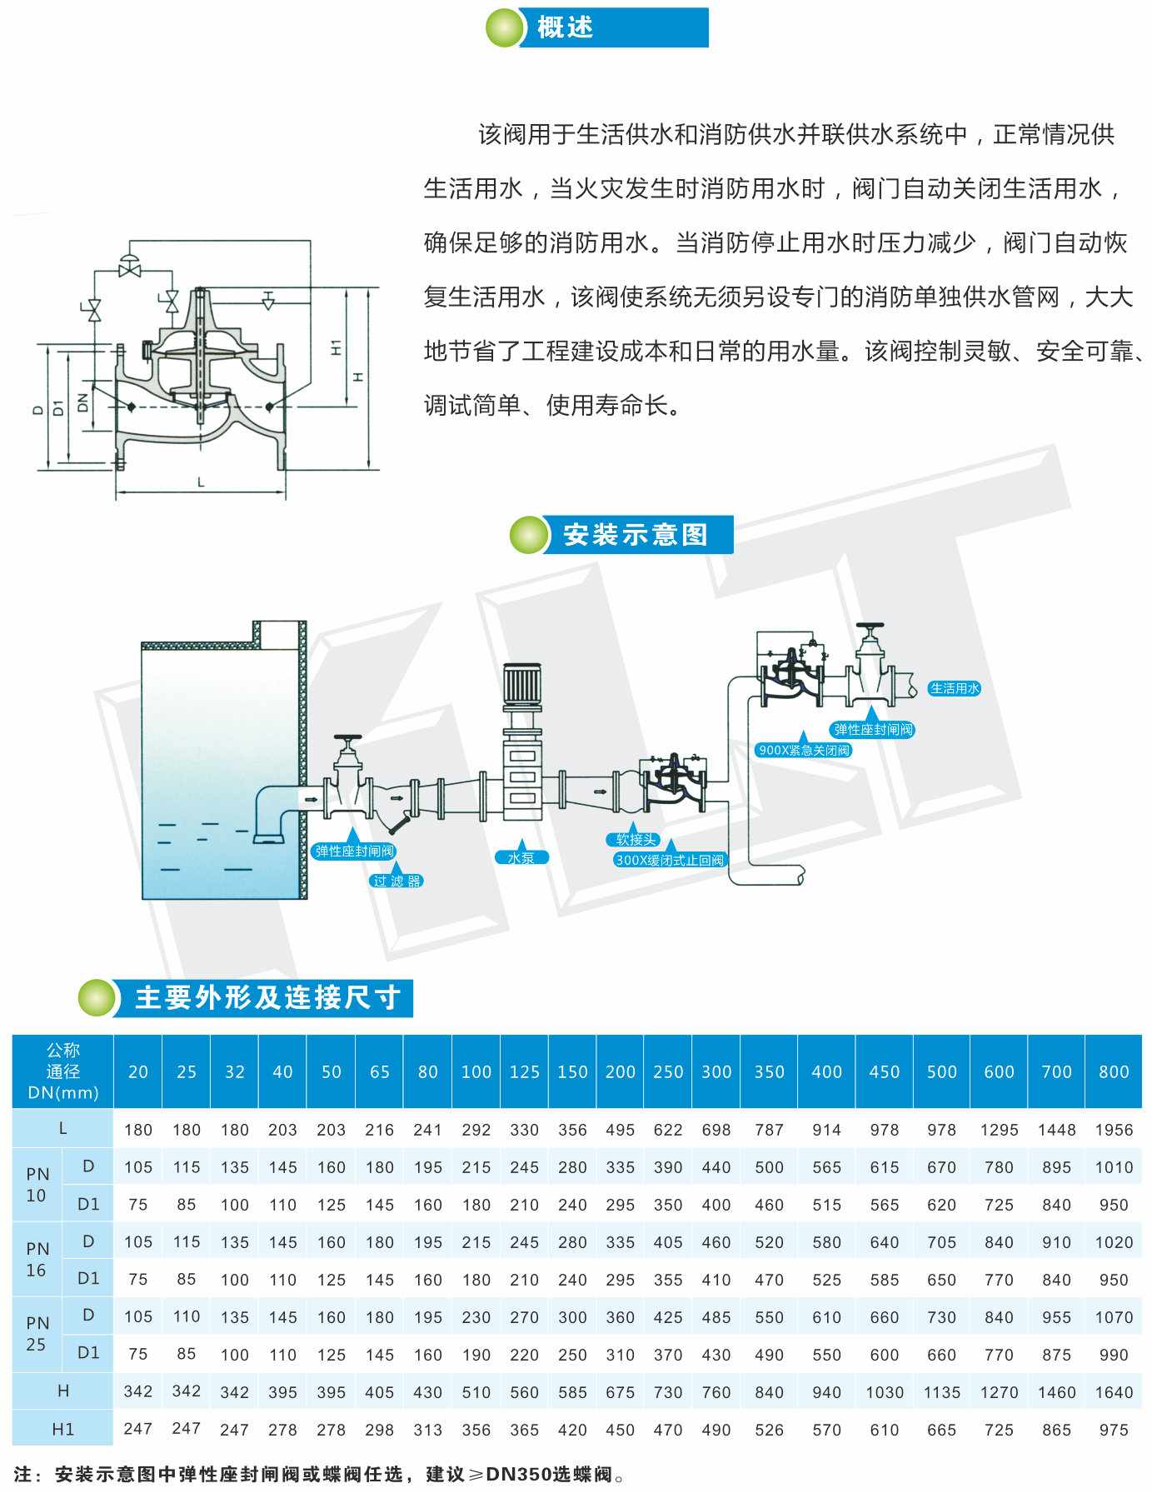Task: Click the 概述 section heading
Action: [565, 27]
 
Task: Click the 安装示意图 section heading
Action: [635, 535]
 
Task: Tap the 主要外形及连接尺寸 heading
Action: [267, 997]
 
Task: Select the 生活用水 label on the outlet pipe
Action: [955, 688]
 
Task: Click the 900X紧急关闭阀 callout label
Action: [804, 750]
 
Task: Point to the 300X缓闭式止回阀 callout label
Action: [670, 860]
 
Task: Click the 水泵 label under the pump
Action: [521, 857]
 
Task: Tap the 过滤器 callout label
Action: [396, 881]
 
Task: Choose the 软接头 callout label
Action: [636, 840]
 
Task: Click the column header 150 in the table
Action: [572, 1071]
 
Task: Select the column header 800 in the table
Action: [1114, 1071]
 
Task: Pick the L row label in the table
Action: [62, 1129]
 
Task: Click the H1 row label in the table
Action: [62, 1430]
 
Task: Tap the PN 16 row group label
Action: [37, 1259]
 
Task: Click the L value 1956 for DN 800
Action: [1114, 1130]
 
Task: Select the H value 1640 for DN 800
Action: [1114, 1392]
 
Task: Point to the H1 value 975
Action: [1114, 1430]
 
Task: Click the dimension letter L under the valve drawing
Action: [201, 482]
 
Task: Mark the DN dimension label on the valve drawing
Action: [82, 402]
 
